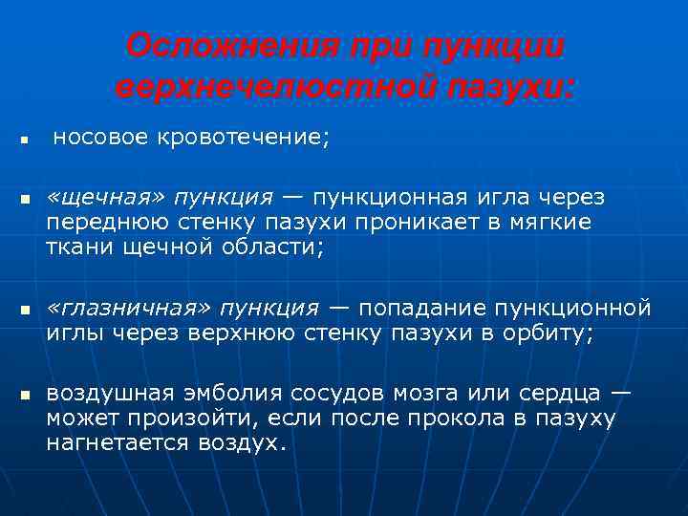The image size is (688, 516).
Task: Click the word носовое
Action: click(x=100, y=139)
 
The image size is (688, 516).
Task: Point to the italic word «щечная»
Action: click(x=106, y=197)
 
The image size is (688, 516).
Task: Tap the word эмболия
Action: click(x=230, y=393)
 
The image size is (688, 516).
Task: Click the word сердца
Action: click(x=565, y=393)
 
